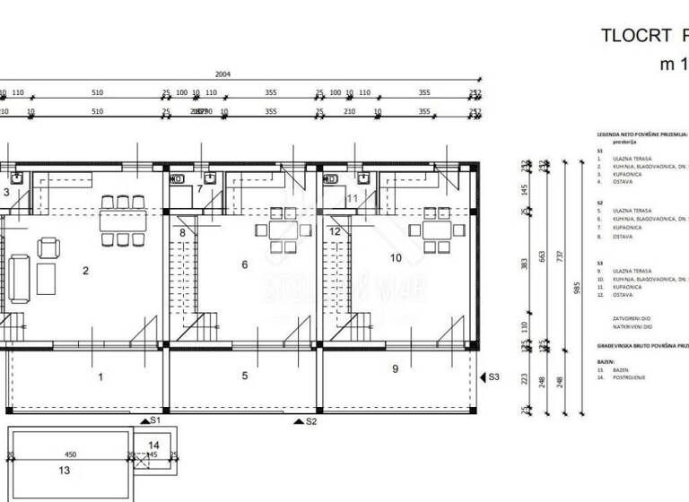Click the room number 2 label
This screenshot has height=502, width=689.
click(x=85, y=270)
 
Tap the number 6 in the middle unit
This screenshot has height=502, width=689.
click(x=244, y=264)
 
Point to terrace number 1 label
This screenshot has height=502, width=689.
click(x=100, y=377)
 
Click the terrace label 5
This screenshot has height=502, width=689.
click(x=244, y=376)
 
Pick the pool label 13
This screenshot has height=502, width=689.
click(x=62, y=468)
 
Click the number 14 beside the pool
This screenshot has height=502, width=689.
click(x=153, y=445)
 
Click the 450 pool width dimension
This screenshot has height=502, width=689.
click(x=70, y=454)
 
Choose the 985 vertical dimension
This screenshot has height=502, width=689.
click(x=577, y=288)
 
